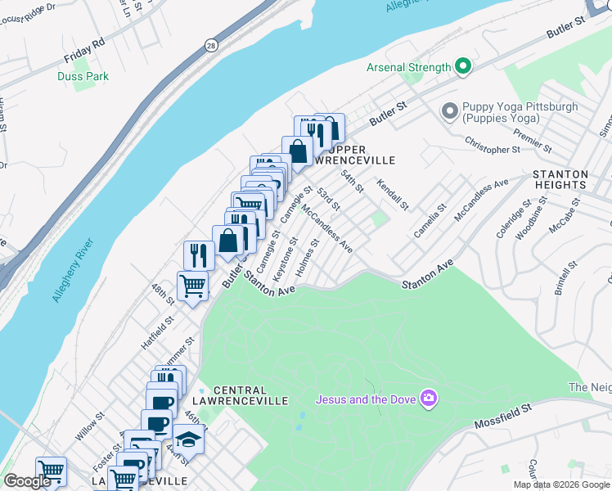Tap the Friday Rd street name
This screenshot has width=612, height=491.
[85, 51]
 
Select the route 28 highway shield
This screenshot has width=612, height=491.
[211, 47]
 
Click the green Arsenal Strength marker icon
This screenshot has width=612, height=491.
[463, 67]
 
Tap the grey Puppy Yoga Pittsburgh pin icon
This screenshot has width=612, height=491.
[449, 110]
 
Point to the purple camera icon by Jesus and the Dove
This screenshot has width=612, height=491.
[427, 399]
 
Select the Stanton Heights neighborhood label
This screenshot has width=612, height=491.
[560, 180]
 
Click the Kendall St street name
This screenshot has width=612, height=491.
[392, 195]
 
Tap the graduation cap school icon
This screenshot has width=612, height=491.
[189, 439]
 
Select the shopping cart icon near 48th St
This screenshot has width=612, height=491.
[192, 286]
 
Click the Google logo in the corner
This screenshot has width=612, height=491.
[27, 481]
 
